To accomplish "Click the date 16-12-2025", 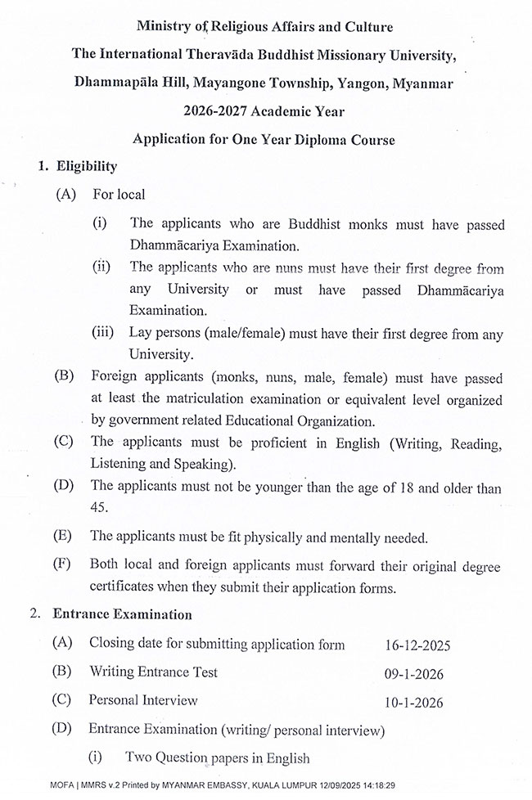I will point(417,645).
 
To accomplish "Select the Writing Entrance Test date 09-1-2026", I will point(417,673).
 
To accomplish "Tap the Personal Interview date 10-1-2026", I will point(417,702).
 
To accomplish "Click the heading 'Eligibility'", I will point(86,167).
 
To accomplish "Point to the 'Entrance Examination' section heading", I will point(122,614).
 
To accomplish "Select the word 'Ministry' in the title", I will point(165,27).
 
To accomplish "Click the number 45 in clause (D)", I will point(98,507).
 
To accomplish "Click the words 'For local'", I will point(119,195).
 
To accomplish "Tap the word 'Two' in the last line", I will point(138,757).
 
